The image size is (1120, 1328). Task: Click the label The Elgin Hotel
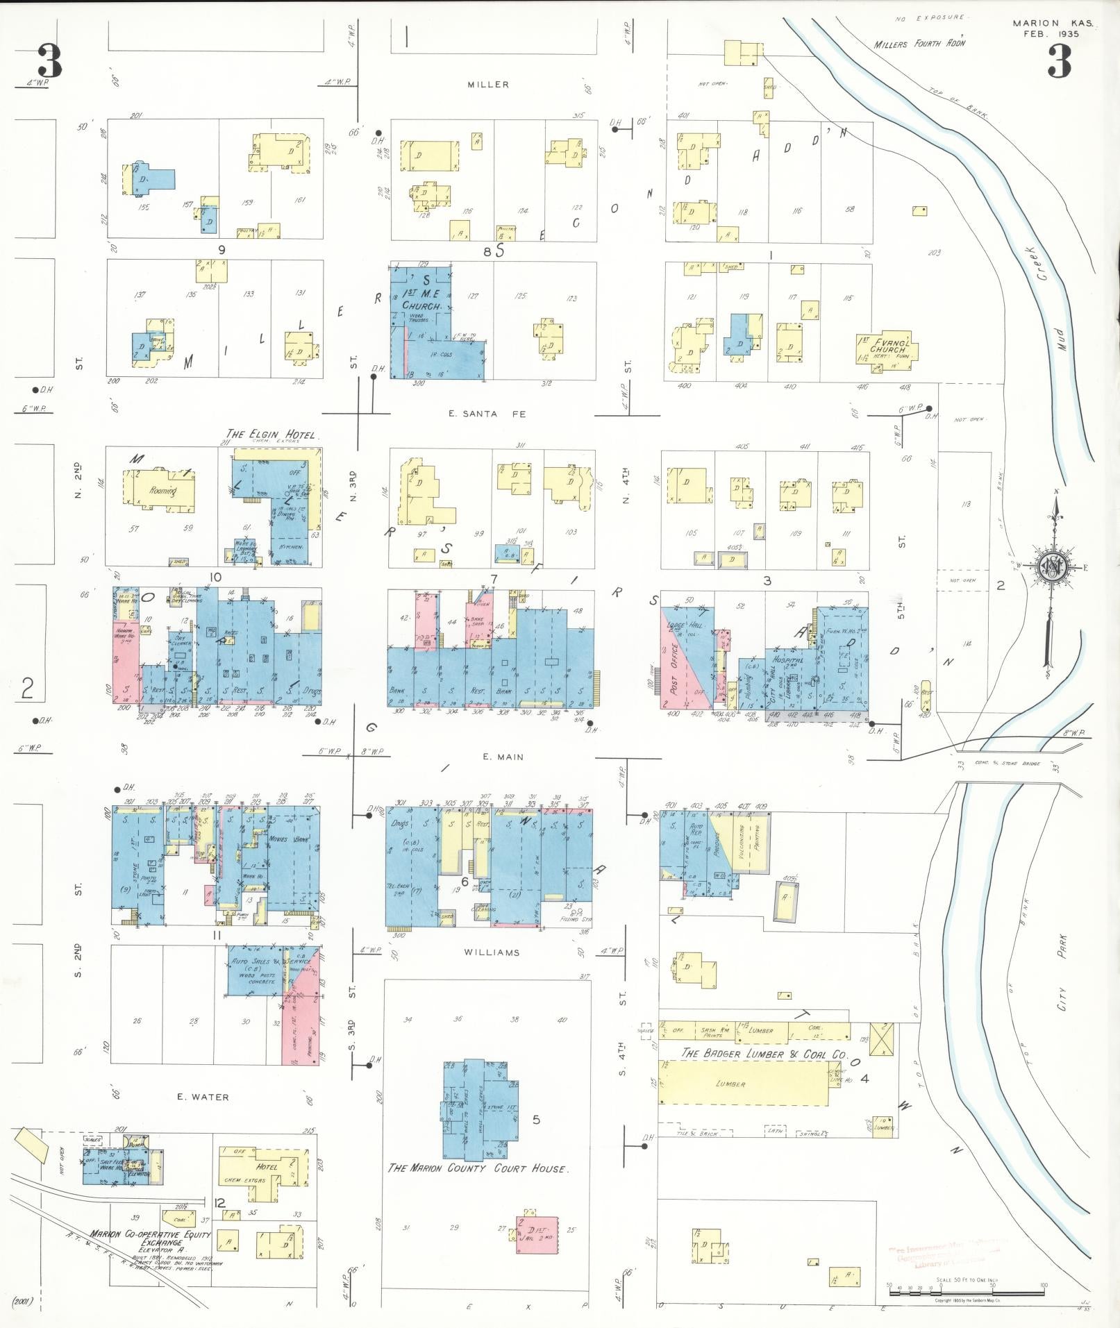click(271, 435)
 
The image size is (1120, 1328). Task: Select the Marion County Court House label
click(478, 1168)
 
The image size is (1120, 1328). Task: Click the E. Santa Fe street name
click(487, 414)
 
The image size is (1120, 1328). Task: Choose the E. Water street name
click(203, 1097)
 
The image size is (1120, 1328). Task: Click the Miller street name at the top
click(488, 85)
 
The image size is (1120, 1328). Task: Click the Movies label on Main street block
click(279, 839)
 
